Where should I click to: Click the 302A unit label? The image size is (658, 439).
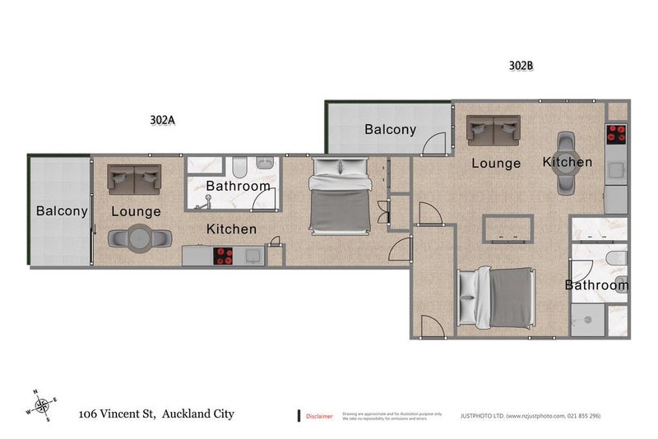coord(164,119)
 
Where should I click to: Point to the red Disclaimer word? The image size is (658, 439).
coord(319,416)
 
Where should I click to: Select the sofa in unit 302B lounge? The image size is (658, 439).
coord(493,128)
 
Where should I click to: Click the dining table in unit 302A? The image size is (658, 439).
coord(138,238)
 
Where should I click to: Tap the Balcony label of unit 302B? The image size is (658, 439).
coord(390,129)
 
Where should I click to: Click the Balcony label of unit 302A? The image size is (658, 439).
coord(62,211)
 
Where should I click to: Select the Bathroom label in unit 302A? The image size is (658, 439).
coord(239,186)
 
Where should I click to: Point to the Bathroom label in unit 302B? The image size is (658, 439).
coord(596,285)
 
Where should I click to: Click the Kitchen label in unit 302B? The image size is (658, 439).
coord(568,162)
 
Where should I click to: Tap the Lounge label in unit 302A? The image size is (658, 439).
coord(136,211)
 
